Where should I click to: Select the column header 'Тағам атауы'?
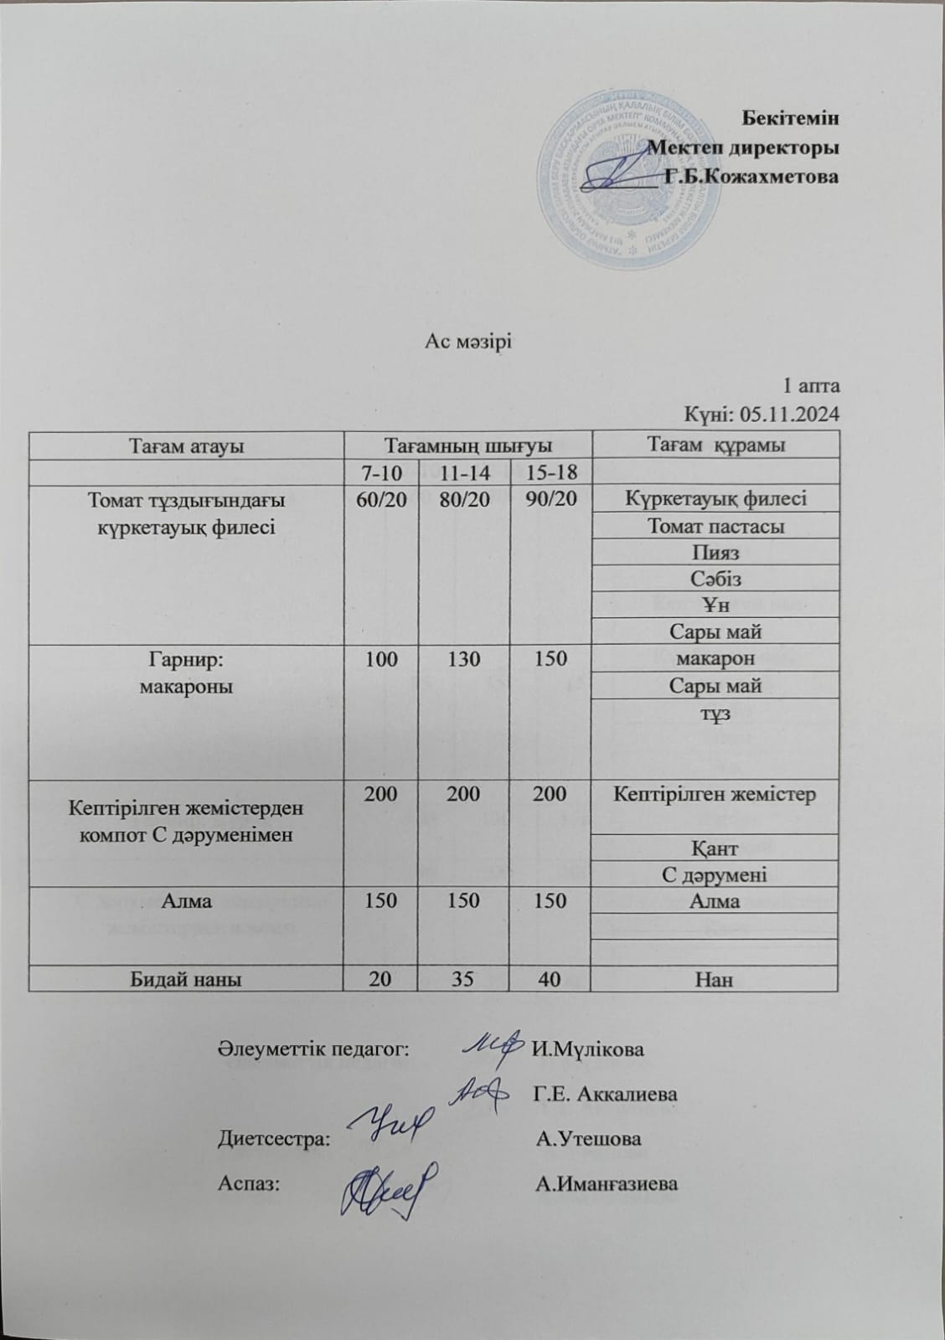coord(186,446)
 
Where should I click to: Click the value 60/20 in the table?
coord(381,499)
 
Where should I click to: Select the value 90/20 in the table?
coord(550,499)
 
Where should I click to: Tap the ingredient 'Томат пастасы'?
coord(715,526)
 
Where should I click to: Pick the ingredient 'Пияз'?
coord(715,552)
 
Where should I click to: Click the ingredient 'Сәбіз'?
coord(715,579)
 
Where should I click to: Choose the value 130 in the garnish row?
coord(463,658)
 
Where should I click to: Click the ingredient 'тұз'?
coord(715,713)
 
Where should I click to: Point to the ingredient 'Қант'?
coord(715,848)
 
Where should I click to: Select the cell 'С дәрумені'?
coord(715,874)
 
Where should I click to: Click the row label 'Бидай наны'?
coord(186,978)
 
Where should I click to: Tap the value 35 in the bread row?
coord(463,978)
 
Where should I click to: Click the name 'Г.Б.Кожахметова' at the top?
coord(751,177)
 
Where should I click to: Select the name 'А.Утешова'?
coord(589,1139)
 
